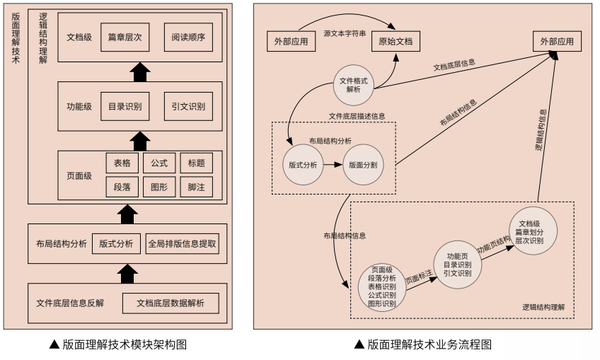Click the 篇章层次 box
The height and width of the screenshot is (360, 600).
(125, 37)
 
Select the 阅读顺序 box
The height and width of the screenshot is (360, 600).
(188, 37)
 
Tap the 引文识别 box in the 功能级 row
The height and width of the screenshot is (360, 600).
(188, 107)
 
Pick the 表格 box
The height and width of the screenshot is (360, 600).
(122, 163)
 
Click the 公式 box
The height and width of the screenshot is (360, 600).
(159, 163)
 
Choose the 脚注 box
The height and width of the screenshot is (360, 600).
(196, 187)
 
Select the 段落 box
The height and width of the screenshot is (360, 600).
(122, 187)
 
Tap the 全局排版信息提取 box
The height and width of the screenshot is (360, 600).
(183, 244)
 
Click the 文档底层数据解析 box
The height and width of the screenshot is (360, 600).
(171, 303)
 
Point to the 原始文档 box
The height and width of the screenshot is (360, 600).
(396, 42)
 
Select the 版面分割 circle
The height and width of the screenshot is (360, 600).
(363, 165)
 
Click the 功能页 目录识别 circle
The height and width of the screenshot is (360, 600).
(457, 264)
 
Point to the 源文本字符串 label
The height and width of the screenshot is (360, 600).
(345, 33)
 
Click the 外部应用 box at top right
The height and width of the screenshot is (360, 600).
(557, 42)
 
